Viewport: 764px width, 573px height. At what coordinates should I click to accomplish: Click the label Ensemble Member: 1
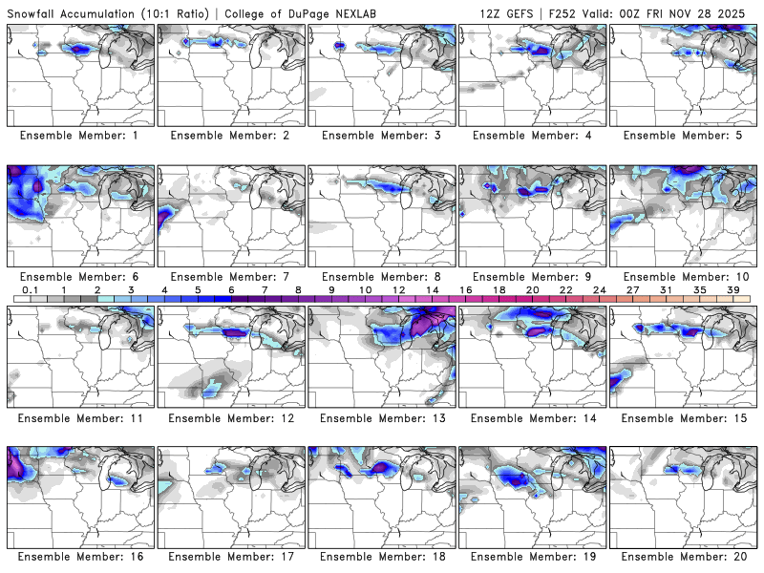point(80,135)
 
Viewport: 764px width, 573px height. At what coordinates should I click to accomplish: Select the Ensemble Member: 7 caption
point(231,276)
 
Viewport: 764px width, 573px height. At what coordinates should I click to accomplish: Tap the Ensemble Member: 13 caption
point(382,417)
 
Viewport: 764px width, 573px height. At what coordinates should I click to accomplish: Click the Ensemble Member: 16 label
point(80,557)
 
